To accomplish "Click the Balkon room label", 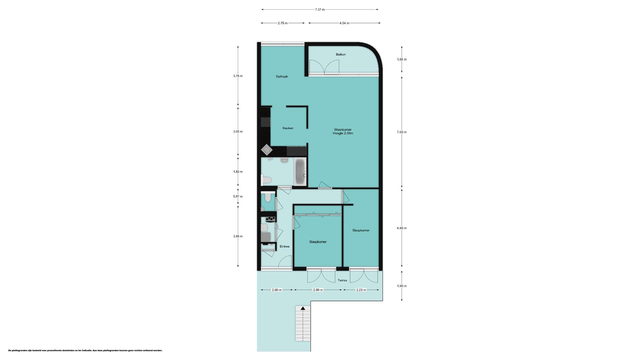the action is point(341,54).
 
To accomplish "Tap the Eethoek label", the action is point(282,76).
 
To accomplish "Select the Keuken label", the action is point(288,128).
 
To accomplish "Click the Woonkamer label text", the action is point(343,130).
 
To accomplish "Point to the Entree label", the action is point(285,246).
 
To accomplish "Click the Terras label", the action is point(342,280).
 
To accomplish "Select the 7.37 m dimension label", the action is point(320,9).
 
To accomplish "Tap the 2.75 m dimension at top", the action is point(282,23).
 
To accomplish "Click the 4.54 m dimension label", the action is point(344,23).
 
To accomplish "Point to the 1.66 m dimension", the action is point(402,59).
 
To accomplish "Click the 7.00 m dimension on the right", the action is point(402,132).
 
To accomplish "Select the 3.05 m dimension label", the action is point(238,131).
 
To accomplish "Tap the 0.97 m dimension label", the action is point(238,196).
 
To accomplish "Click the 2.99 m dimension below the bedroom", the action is point(318,290).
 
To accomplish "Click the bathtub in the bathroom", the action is point(301,172).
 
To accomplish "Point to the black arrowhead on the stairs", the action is point(303,308).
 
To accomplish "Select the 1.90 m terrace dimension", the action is point(402,286).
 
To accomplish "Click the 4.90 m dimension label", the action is point(402,228).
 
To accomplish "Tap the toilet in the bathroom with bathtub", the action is point(266,180).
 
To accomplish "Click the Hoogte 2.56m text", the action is point(343,133).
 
